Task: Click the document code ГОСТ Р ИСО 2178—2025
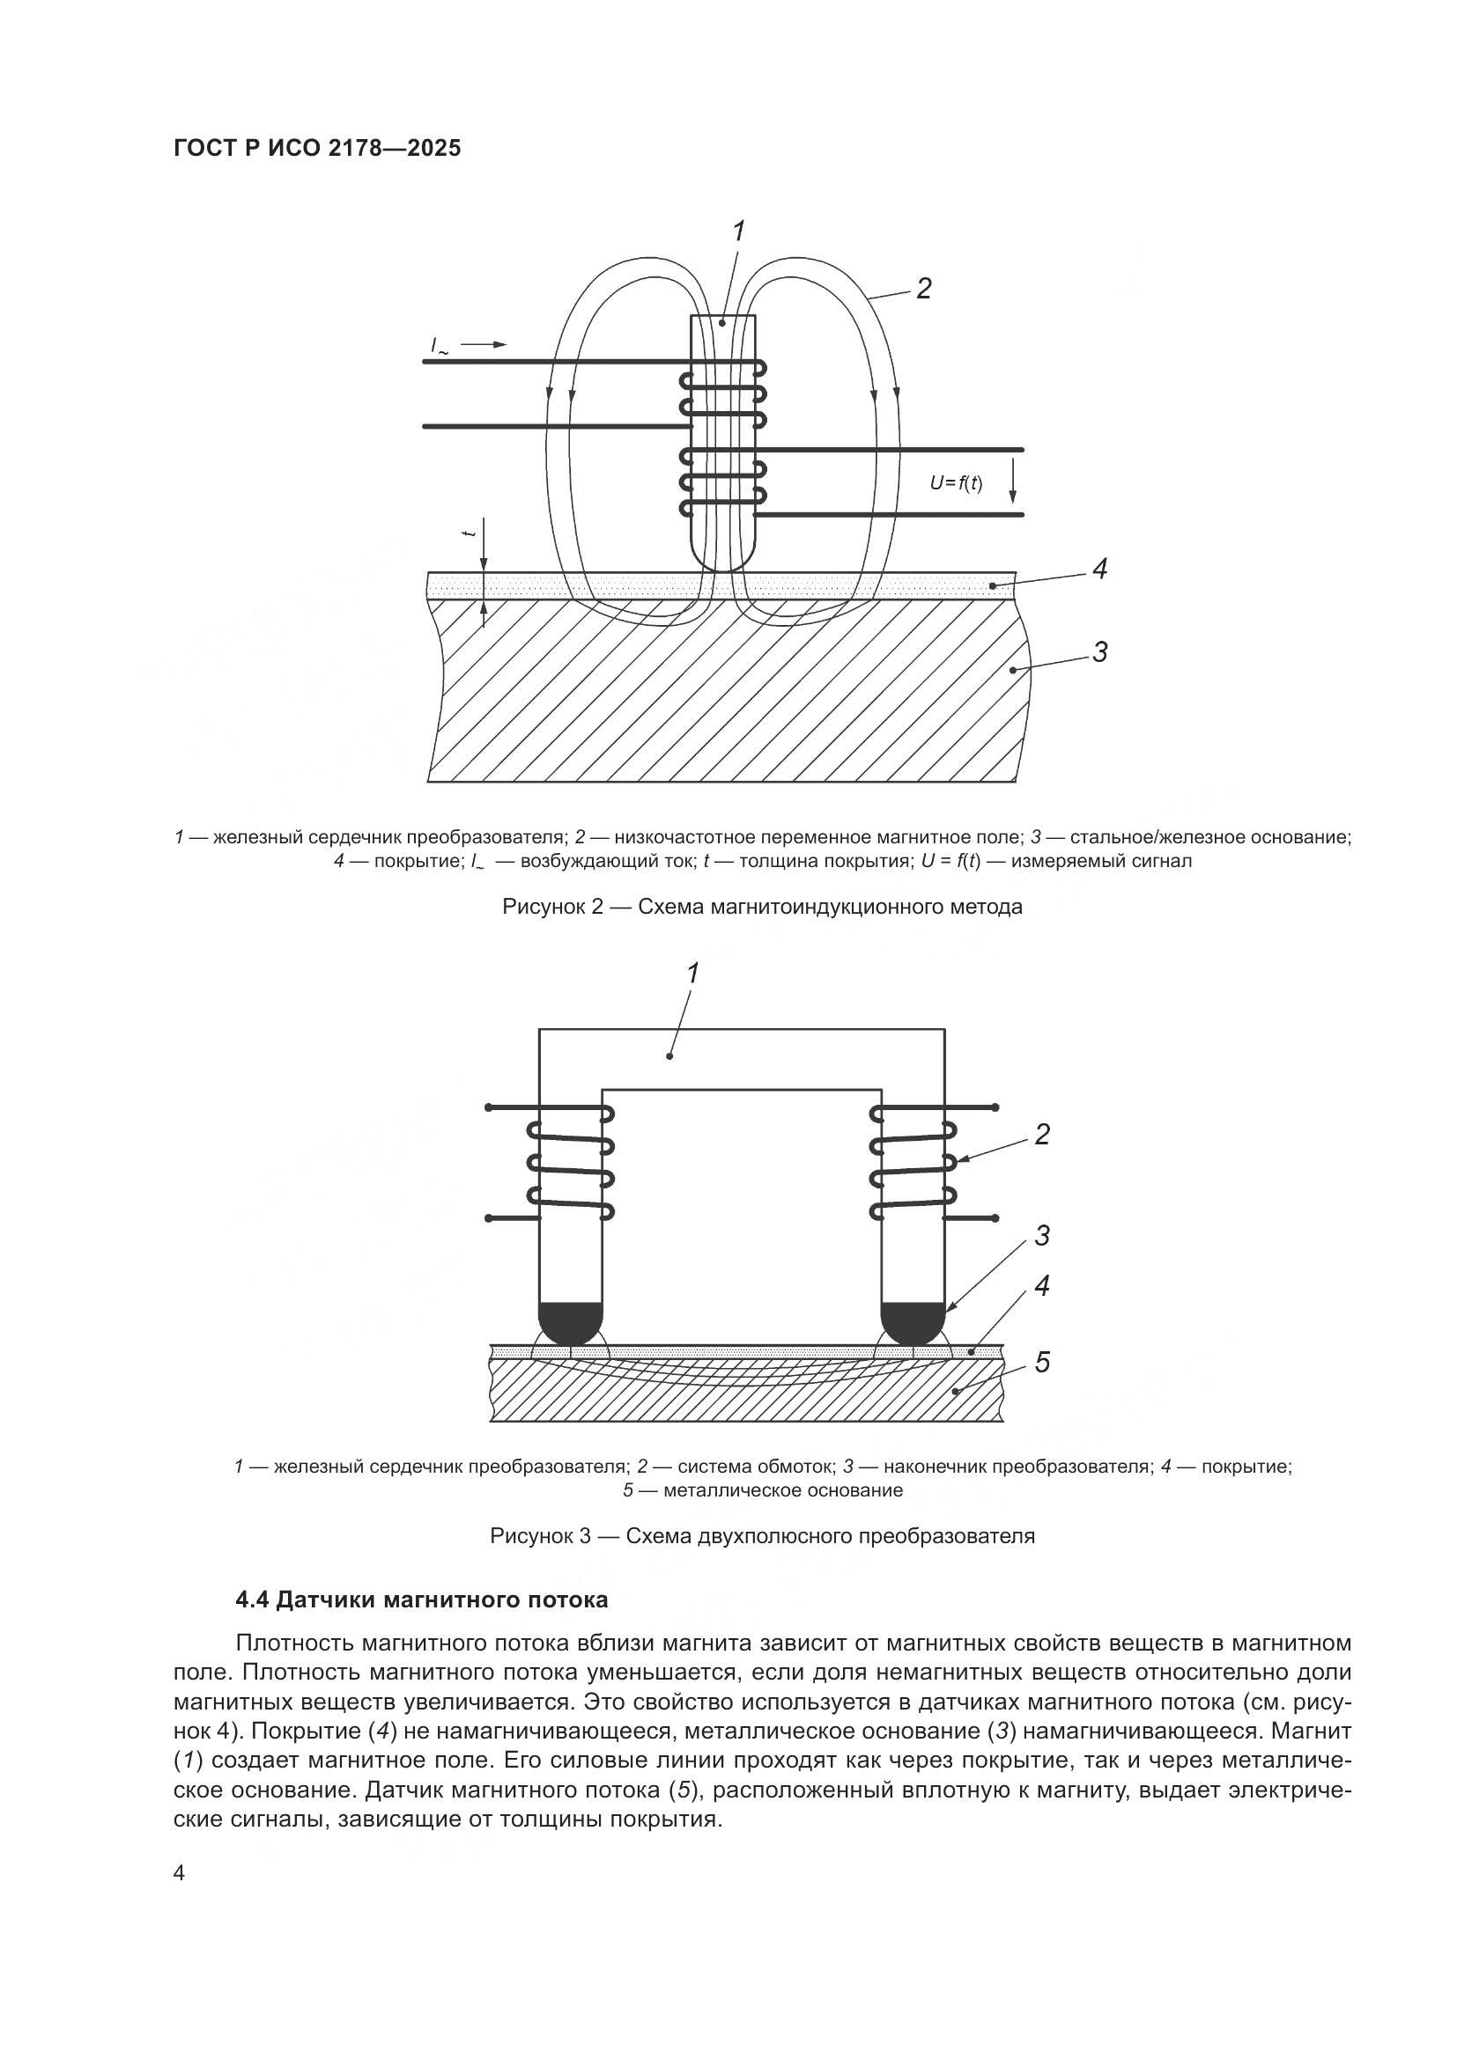pyautogui.click(x=317, y=148)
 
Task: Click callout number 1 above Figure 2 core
pyautogui.click(x=737, y=232)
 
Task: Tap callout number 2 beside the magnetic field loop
pyautogui.click(x=923, y=289)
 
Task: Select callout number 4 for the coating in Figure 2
pyautogui.click(x=1100, y=569)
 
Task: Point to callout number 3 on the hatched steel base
pyautogui.click(x=1100, y=652)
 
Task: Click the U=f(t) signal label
pyautogui.click(x=956, y=483)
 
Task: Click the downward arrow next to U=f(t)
pyautogui.click(x=1013, y=481)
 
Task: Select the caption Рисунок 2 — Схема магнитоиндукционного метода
pyautogui.click(x=762, y=907)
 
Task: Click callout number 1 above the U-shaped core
pyautogui.click(x=692, y=973)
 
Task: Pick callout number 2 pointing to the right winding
pyautogui.click(x=1041, y=1135)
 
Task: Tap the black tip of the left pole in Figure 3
pyautogui.click(x=571, y=1322)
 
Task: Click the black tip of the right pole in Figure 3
pyautogui.click(x=913, y=1322)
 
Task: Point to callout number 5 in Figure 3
pyautogui.click(x=1041, y=1362)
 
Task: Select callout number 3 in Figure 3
pyautogui.click(x=1041, y=1236)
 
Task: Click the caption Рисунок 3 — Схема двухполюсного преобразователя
pyautogui.click(x=762, y=1536)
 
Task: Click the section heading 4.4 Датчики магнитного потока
pyautogui.click(x=421, y=1599)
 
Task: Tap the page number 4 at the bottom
pyautogui.click(x=179, y=1873)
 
